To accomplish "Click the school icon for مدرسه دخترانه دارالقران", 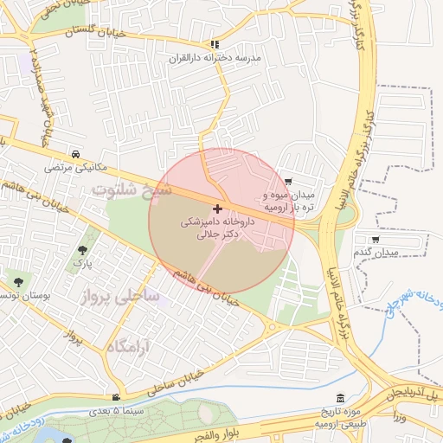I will (x=215, y=43).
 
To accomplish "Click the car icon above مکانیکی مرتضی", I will (x=78, y=153).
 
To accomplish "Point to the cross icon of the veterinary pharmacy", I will (x=216, y=209).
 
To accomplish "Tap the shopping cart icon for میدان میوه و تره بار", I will (x=288, y=182).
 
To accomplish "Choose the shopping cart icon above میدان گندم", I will (x=375, y=240).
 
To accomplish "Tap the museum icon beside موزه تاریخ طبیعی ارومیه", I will (x=342, y=399).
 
